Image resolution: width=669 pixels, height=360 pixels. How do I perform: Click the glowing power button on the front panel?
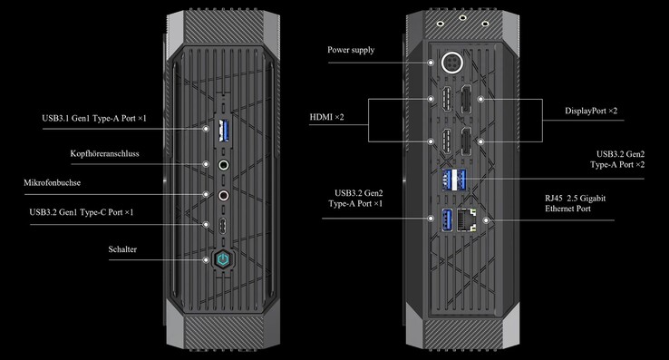(x=222, y=259)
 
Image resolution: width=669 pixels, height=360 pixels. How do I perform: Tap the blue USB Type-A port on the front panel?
(x=224, y=131)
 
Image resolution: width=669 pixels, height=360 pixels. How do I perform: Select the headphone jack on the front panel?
(x=223, y=164)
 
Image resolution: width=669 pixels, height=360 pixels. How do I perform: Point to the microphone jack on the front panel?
(x=223, y=196)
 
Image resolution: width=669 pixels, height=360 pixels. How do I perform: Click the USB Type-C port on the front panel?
(x=222, y=226)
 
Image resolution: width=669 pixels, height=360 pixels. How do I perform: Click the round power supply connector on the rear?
(x=451, y=63)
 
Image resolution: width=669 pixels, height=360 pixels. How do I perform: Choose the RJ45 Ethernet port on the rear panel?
(x=466, y=220)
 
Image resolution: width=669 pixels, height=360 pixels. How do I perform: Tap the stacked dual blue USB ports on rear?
(x=454, y=180)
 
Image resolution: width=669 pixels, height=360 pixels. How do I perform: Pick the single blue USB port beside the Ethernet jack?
(x=447, y=220)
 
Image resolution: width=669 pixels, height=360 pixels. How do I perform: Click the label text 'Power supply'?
(x=351, y=50)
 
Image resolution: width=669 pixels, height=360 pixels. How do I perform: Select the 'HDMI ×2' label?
(x=326, y=117)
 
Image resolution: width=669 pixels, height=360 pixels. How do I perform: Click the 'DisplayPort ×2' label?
(x=591, y=111)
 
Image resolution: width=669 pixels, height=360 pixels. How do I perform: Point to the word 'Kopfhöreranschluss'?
(x=104, y=154)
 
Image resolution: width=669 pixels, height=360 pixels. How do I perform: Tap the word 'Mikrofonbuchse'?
(x=52, y=183)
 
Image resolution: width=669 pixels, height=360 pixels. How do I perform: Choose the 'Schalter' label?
(x=122, y=249)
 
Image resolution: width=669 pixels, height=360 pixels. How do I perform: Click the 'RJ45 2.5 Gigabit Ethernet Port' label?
(x=575, y=203)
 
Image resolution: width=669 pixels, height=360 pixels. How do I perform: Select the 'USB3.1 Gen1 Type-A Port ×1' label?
(x=94, y=118)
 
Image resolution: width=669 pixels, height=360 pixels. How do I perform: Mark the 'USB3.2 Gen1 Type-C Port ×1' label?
(x=81, y=212)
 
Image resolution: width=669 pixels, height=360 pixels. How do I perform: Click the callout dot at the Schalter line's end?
(x=206, y=259)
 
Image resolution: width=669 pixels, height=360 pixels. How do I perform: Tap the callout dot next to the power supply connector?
(x=431, y=63)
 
